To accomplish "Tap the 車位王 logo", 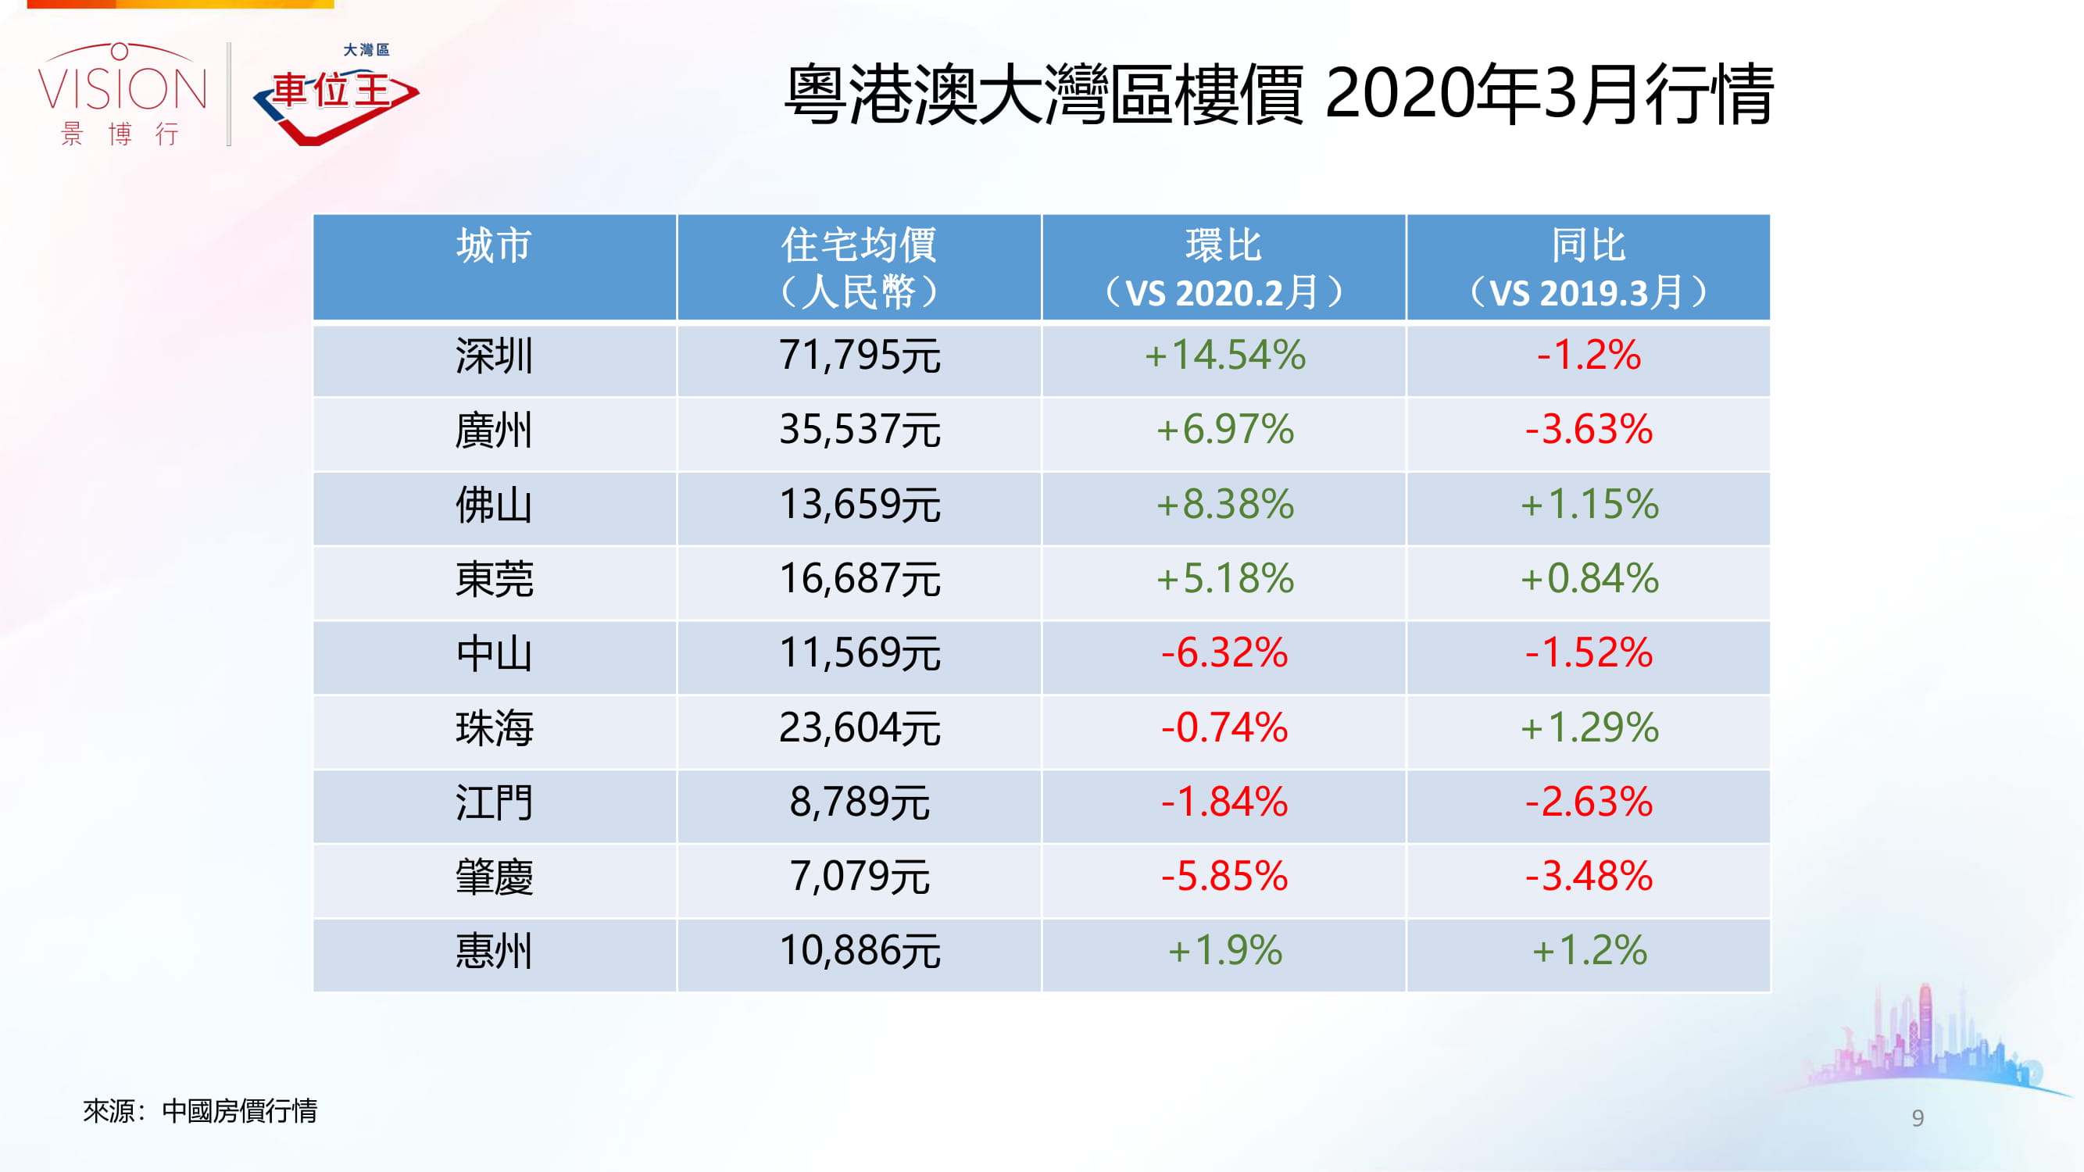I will tap(336, 95).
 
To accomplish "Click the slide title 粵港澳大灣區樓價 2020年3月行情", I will tap(1278, 95).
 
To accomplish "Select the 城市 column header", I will tap(494, 246).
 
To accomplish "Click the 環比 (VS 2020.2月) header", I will tap(1223, 267).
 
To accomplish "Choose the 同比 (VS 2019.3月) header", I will tap(1588, 267).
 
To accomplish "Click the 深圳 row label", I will tap(494, 356).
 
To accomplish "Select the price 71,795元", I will tap(860, 356).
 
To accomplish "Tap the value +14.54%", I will tap(1224, 356).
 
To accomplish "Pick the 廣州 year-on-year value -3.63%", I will tap(1588, 430).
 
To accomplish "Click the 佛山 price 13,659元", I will tap(860, 505).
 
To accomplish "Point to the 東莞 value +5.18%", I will tap(1224, 579).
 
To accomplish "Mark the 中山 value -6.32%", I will tap(1224, 653).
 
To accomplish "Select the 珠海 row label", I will tap(494, 728).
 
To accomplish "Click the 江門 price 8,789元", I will tap(860, 802).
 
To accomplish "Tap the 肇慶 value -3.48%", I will tap(1588, 877).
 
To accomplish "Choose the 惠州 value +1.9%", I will tap(1224, 951).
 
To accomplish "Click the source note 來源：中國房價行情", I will tap(200, 1111).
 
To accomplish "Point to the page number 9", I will tap(1918, 1118).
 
